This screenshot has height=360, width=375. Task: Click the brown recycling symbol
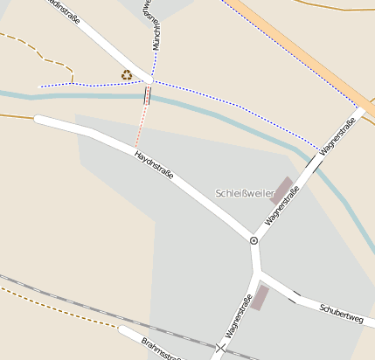[127, 75]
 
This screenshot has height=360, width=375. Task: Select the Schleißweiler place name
[244, 192]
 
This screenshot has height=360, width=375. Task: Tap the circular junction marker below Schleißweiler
[253, 239]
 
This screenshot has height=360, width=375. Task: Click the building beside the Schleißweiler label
[281, 190]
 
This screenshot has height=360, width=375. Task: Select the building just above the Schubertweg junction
[259, 297]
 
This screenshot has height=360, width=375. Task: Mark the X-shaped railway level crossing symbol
[220, 349]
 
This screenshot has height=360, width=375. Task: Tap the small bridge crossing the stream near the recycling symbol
[147, 95]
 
